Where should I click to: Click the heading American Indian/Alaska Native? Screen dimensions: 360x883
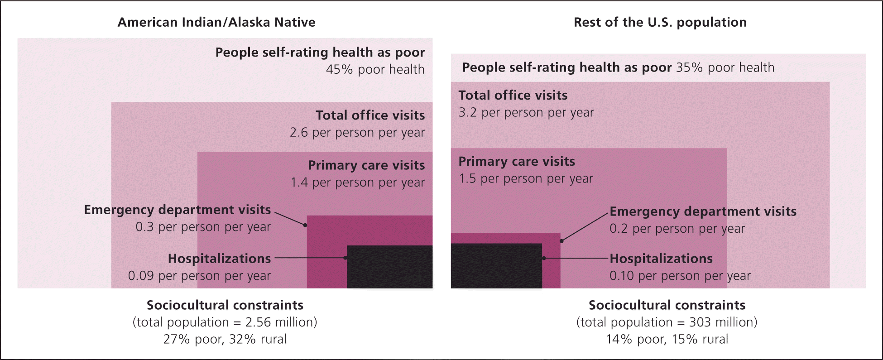point(216,23)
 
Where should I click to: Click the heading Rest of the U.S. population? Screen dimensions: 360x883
point(660,23)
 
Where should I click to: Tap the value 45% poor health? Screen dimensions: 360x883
point(375,70)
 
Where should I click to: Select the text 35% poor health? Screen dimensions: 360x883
point(725,67)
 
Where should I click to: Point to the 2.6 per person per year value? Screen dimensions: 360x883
point(357,133)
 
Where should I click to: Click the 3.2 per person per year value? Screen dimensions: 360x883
point(526,113)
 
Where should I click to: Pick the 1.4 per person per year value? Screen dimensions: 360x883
point(357,182)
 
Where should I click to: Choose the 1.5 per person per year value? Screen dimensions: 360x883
point(526,179)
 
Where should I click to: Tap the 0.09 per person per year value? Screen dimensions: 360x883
point(199,276)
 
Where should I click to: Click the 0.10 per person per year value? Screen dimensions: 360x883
point(680,276)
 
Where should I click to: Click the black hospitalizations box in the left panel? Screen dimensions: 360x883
point(389,267)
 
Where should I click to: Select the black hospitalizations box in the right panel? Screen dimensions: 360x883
point(496,266)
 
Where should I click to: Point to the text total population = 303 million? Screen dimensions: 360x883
point(667,322)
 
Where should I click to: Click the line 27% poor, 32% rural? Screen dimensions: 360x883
point(225,340)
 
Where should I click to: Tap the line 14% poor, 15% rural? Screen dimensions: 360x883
point(667,340)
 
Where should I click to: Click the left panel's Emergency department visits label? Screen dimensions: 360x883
point(178,210)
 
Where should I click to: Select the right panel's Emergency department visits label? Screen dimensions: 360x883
point(703,211)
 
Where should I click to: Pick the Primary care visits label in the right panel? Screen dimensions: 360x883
point(517,162)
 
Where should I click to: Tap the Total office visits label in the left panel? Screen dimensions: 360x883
point(370,115)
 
